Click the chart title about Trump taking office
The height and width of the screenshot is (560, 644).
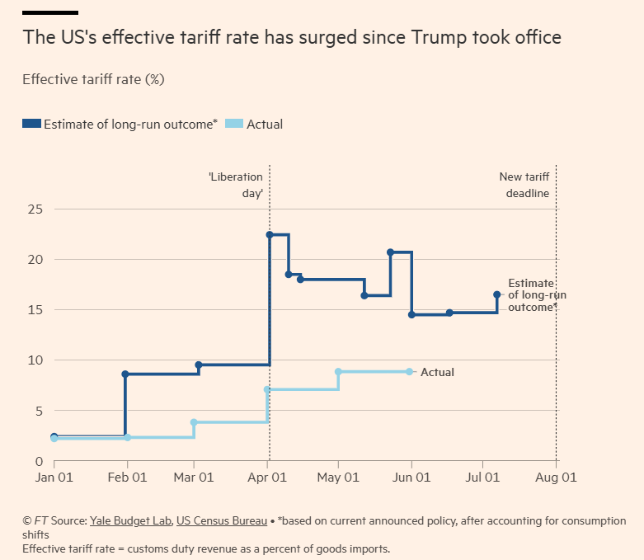click(292, 38)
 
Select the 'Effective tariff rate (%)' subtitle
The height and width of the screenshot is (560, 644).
click(93, 79)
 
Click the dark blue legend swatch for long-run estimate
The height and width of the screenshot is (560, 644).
click(31, 125)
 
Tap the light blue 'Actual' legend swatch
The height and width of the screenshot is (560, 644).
click(234, 125)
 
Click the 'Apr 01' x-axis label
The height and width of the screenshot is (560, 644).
click(269, 478)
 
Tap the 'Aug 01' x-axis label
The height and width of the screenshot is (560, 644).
click(557, 478)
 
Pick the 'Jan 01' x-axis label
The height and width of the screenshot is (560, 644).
click(53, 478)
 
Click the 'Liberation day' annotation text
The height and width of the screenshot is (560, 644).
click(236, 186)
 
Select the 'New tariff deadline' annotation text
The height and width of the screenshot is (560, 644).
click(524, 186)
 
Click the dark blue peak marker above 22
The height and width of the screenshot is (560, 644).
click(270, 235)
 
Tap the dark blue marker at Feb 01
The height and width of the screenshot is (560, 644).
click(125, 374)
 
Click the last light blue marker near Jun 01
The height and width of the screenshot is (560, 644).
click(410, 372)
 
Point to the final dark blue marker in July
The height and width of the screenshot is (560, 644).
click(496, 294)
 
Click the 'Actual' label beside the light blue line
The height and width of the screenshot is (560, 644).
click(437, 373)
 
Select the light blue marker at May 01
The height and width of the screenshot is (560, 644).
click(338, 372)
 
